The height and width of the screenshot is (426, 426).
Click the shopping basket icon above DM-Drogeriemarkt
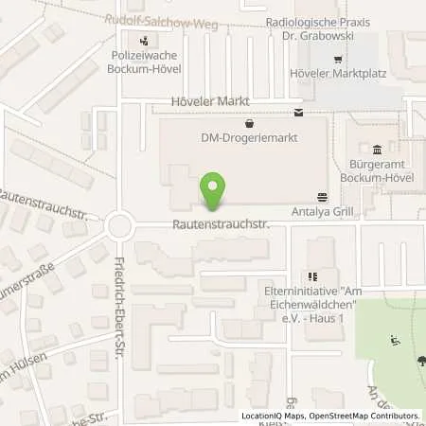click(249, 123)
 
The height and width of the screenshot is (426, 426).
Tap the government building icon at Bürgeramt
click(378, 149)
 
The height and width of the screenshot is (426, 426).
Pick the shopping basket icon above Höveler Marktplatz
click(338, 59)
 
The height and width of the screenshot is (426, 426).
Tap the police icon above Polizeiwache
click(144, 40)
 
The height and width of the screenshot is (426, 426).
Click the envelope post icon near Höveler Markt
click(299, 113)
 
